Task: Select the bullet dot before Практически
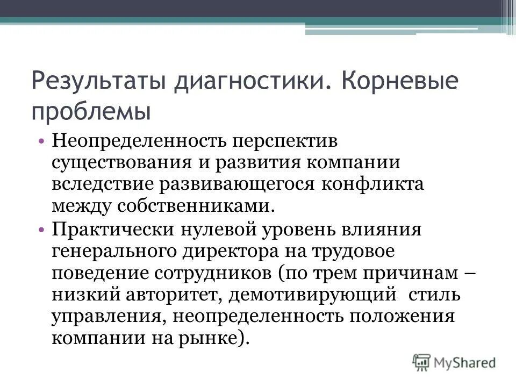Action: [42, 229]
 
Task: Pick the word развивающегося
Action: [238, 184]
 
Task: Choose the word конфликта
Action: [371, 184]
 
